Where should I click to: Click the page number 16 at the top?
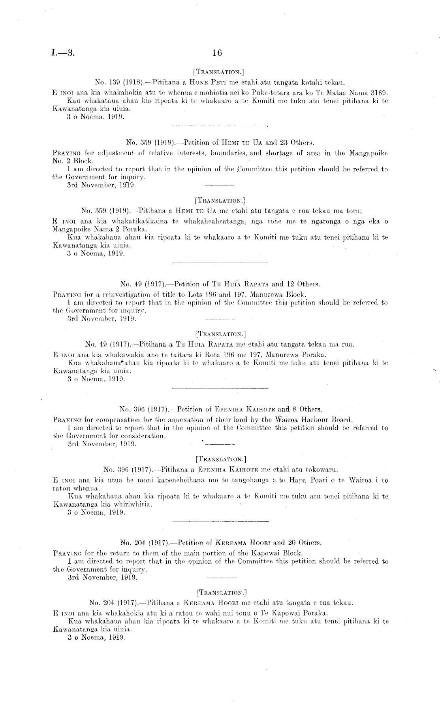(217, 53)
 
